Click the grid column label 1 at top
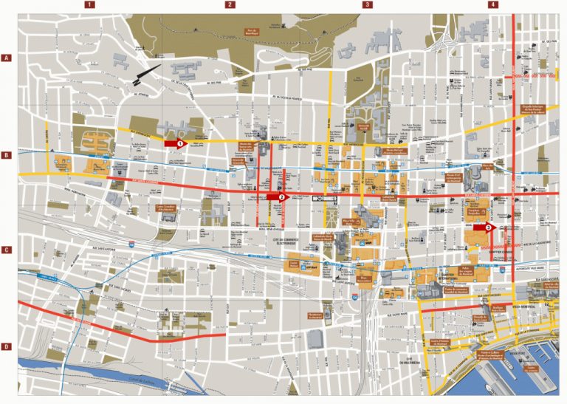(x=89, y=4)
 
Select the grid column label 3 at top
(x=368, y=4)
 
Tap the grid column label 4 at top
(x=492, y=4)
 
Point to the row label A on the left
(x=5, y=58)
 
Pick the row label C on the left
(x=5, y=250)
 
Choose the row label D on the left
(x=5, y=347)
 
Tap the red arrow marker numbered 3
(x=490, y=228)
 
